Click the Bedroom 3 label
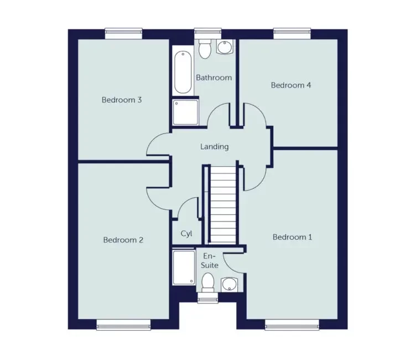tap(122, 100)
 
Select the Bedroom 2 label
tap(123, 240)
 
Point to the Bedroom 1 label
tap(293, 237)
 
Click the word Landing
tap(214, 147)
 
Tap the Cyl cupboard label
tap(186, 234)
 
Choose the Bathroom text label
tap(214, 78)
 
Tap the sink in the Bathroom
tap(224, 49)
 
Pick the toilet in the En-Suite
tap(207, 283)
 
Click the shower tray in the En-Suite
tap(183, 268)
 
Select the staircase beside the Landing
tap(223, 205)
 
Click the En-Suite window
tap(207, 299)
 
